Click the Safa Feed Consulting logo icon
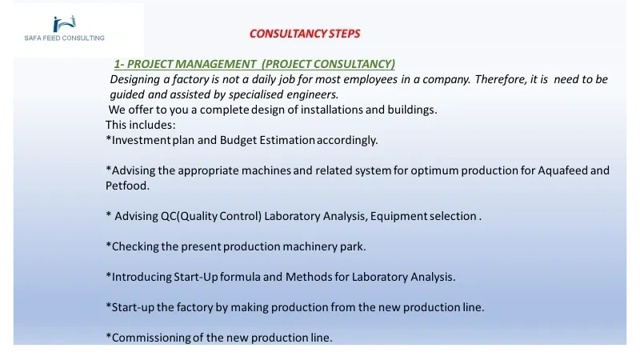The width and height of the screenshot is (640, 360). (x=65, y=24)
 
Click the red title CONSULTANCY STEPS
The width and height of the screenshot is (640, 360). (x=305, y=34)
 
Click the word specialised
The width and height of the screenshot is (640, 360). (x=256, y=94)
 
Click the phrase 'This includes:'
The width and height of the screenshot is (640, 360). (x=141, y=125)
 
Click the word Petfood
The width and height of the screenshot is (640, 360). (x=127, y=186)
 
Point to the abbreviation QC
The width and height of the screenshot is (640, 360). (x=169, y=216)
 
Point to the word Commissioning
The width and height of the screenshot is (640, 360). (x=148, y=338)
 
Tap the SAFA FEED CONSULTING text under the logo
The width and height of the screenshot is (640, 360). (x=65, y=38)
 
